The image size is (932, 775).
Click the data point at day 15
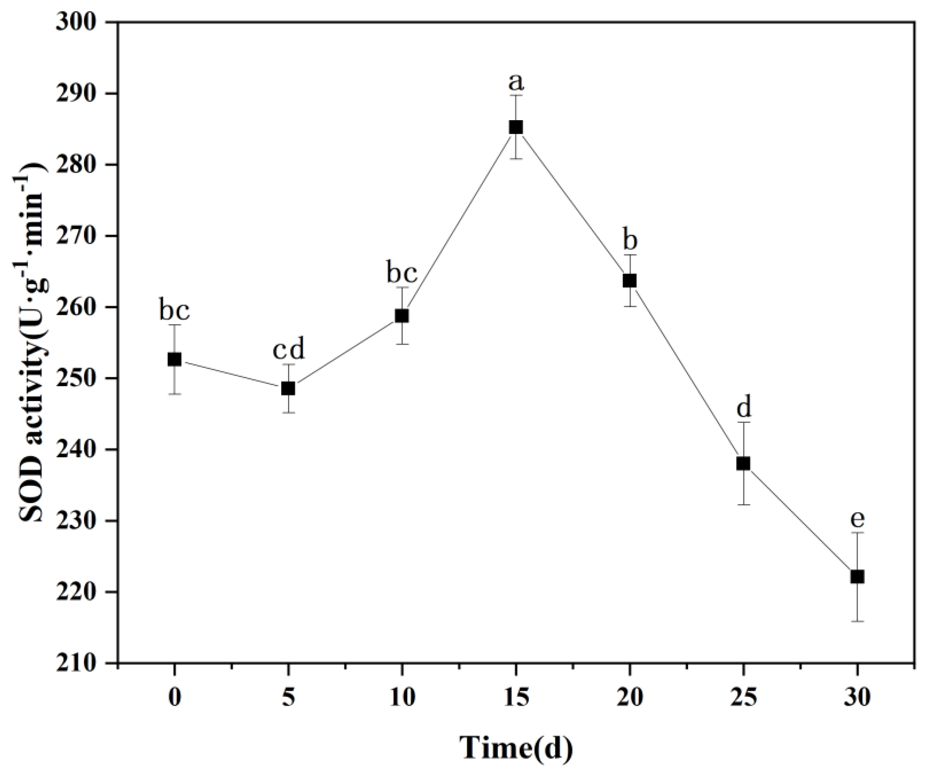click(x=516, y=127)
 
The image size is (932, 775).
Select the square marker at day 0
click(x=174, y=359)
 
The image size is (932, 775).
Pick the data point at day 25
click(x=743, y=464)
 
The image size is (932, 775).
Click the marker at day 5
click(x=288, y=389)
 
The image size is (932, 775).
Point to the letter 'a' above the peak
click(x=516, y=82)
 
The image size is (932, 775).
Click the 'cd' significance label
click(x=288, y=350)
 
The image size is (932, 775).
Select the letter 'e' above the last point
click(x=857, y=518)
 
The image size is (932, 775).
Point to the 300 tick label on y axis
click(x=76, y=22)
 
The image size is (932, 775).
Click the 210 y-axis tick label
click(x=76, y=663)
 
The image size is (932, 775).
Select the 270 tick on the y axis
click(x=76, y=236)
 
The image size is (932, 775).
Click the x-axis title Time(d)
click(x=516, y=749)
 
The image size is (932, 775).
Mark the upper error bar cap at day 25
click(x=743, y=422)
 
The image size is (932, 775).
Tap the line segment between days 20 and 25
click(x=686, y=372)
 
